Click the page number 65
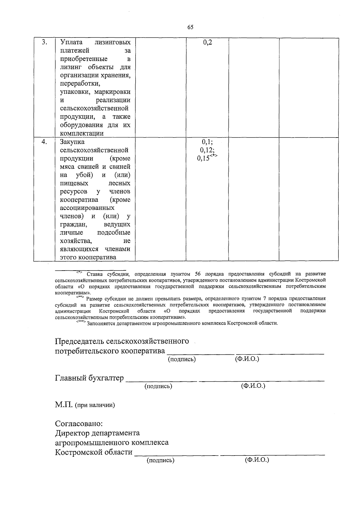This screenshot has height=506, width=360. (190, 27)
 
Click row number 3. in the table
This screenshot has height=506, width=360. (44, 42)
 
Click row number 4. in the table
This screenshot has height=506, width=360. (44, 142)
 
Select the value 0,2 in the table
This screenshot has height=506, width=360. (208, 42)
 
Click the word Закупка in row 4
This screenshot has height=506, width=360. (72, 142)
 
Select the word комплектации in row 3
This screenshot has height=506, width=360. (82, 133)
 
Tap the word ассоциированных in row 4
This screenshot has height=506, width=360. (87, 208)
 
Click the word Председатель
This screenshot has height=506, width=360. (79, 341)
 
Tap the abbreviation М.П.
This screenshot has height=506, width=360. (64, 405)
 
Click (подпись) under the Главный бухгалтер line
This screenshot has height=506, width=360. (158, 386)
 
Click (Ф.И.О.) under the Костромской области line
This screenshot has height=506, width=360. (257, 460)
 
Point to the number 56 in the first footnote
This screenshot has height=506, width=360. (198, 274)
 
